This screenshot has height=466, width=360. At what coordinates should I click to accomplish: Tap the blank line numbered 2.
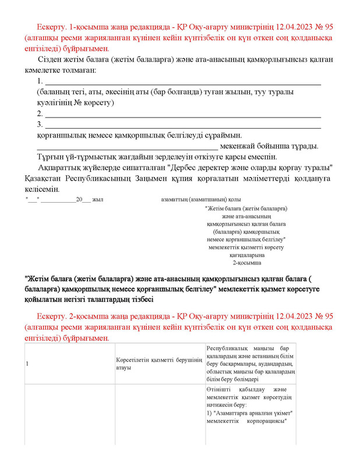point(183,114)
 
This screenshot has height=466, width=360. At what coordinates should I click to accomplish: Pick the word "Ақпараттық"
point(59,167)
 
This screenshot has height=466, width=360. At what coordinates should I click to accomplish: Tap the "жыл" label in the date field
point(97,200)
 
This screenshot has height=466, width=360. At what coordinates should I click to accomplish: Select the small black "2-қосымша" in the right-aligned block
point(247,263)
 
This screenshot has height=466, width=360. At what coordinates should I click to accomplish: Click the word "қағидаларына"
point(247,255)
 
